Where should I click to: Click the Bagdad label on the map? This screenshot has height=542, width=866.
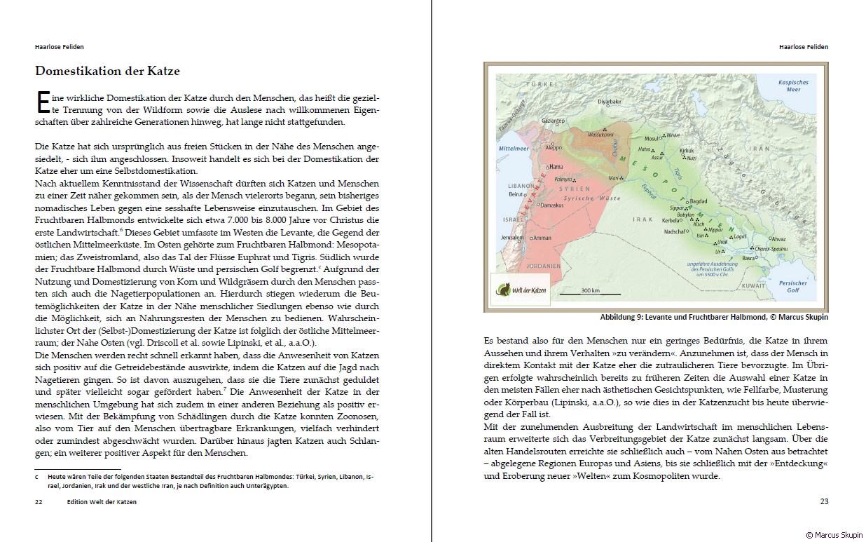tap(699, 201)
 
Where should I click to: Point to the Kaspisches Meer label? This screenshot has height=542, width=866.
tap(793, 86)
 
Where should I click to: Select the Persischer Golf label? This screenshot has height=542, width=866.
tap(792, 286)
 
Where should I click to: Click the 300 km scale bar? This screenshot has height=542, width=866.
tap(590, 290)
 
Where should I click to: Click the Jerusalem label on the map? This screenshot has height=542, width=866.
tap(512, 238)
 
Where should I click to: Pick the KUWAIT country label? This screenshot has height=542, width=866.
tap(754, 285)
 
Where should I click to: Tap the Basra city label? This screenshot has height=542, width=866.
tap(749, 258)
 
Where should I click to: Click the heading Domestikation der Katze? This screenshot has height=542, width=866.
tap(107, 71)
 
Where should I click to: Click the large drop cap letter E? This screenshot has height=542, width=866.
tap(41, 102)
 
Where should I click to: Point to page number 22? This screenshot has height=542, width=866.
tap(39, 501)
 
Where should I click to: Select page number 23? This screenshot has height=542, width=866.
tap(824, 501)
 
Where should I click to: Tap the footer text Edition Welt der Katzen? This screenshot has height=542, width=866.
tap(102, 501)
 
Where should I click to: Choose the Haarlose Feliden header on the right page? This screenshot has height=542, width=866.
tap(803, 47)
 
